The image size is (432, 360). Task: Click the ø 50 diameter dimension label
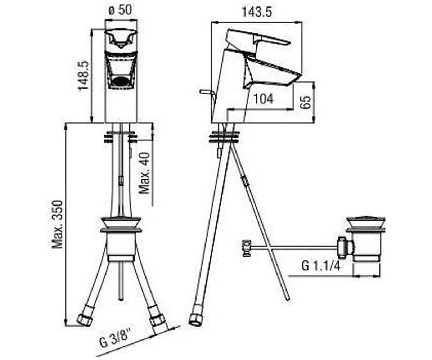point(120,10)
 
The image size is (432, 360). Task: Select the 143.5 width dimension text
point(257,12)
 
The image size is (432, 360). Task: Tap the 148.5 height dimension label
point(84,76)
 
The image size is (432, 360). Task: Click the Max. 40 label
point(144,173)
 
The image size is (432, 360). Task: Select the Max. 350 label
point(57,224)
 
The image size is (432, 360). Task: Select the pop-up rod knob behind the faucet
point(206,91)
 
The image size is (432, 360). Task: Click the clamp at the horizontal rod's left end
point(246,248)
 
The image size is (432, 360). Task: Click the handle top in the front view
point(121,39)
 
